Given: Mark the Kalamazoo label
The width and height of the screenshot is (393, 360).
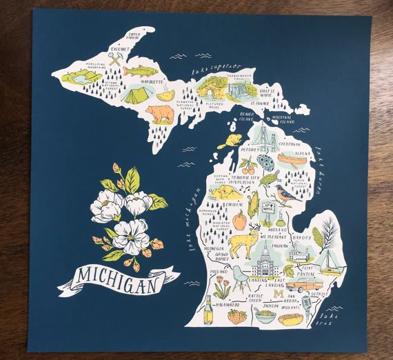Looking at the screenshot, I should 226,303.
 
